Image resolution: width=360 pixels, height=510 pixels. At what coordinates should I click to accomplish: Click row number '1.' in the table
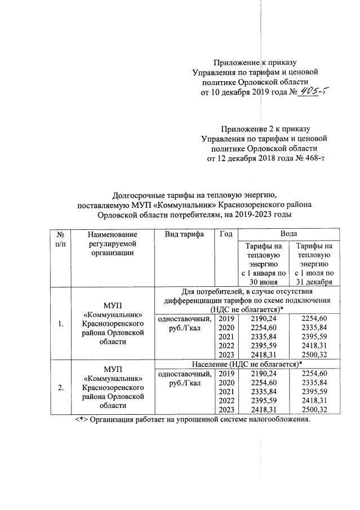(x=61, y=323)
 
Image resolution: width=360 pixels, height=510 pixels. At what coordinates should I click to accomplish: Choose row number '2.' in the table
(x=61, y=388)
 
